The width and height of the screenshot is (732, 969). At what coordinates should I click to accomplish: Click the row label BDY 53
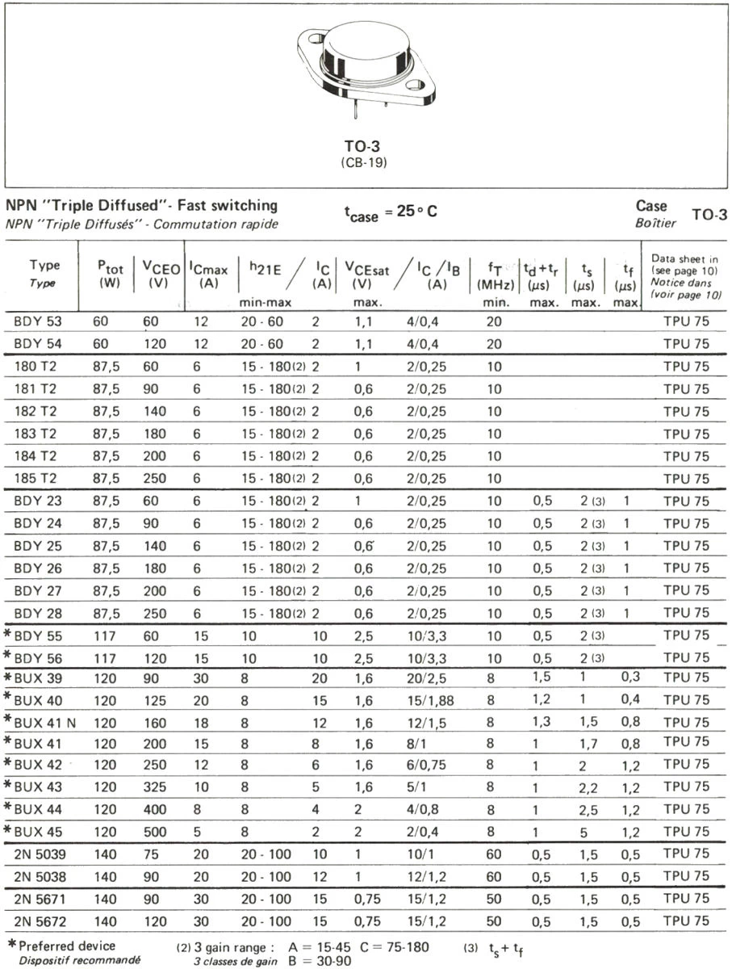(38, 321)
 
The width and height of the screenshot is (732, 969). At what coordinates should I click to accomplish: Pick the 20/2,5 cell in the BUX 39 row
(425, 677)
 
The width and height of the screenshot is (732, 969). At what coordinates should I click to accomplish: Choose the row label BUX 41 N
(46, 722)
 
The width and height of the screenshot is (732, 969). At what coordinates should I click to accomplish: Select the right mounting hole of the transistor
(415, 84)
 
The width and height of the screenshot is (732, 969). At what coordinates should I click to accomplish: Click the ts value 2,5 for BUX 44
(588, 808)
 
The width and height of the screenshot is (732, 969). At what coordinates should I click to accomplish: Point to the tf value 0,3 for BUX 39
(630, 677)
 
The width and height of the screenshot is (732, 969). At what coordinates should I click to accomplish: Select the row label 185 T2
(38, 479)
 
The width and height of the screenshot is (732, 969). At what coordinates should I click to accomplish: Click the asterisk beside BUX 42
(9, 763)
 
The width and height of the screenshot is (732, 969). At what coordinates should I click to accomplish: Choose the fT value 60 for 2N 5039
(494, 854)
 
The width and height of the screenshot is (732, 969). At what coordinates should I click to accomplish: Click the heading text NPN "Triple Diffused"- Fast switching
(141, 206)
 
